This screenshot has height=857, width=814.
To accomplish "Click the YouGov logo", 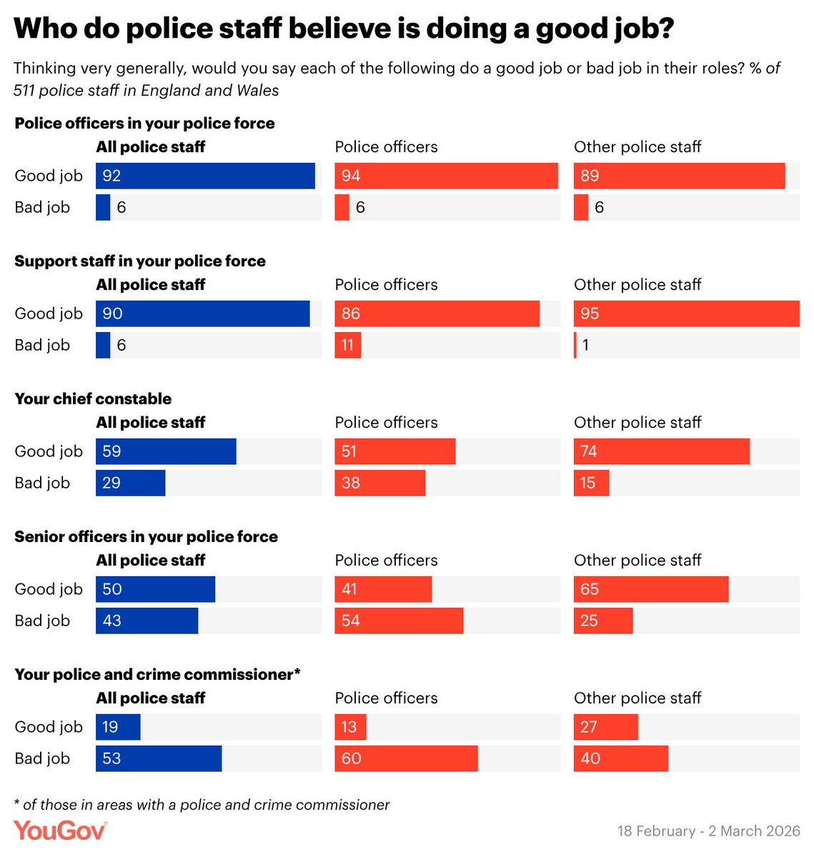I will (x=60, y=831).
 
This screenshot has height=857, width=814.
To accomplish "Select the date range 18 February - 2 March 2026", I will (x=708, y=831).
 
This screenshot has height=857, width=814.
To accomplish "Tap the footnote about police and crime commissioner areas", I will (x=202, y=805).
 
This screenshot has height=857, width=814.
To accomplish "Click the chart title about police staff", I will (x=344, y=29).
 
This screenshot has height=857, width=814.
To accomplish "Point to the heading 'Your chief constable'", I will (x=93, y=399).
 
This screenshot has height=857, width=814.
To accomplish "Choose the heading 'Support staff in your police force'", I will (x=140, y=261).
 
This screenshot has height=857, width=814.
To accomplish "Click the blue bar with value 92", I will (x=205, y=176).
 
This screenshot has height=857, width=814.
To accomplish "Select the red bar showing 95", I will (x=686, y=314).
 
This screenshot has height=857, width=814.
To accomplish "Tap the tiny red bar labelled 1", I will (x=575, y=345).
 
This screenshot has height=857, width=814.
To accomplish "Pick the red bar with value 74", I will (x=661, y=451).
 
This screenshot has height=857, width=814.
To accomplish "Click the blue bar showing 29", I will (x=130, y=483).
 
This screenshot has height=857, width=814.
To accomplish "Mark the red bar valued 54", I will (x=399, y=621).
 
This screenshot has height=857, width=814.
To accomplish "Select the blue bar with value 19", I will (x=118, y=727).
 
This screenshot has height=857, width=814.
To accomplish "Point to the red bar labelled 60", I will (x=406, y=758).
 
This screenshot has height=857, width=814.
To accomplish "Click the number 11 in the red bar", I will (x=347, y=346).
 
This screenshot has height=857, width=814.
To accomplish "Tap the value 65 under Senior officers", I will (x=590, y=589).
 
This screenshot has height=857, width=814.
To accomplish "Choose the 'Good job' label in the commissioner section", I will (x=49, y=727).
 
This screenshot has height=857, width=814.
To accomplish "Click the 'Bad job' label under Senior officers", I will (x=42, y=621).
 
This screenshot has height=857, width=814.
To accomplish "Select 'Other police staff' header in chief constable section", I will (x=637, y=423).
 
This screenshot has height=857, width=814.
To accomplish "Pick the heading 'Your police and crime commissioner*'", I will (x=157, y=675).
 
